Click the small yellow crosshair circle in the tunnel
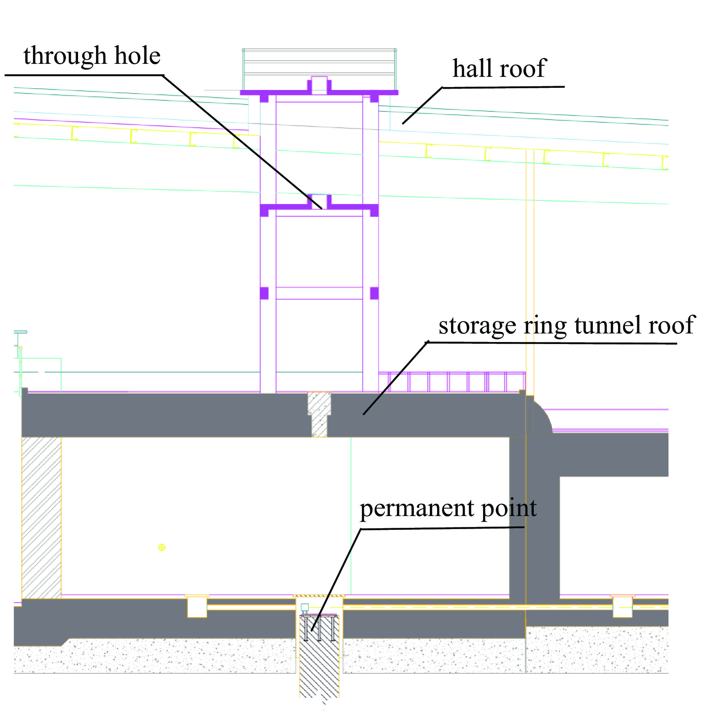(x=162, y=547)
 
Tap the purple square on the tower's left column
(x=264, y=293)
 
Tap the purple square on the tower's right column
(x=374, y=293)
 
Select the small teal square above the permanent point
(x=305, y=608)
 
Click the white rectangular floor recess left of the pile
(x=197, y=607)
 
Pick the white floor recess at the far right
(x=623, y=607)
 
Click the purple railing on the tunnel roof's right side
(x=451, y=382)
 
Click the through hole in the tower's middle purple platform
(x=319, y=202)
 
